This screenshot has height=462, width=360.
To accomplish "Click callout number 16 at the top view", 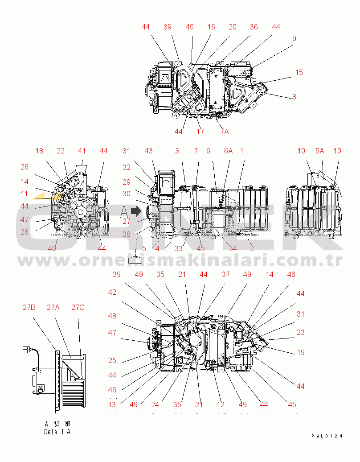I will point(211,27).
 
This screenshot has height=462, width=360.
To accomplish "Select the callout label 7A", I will point(224,132).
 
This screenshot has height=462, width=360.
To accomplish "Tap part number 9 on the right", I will point(294,39).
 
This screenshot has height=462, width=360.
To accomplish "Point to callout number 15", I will point(299,72).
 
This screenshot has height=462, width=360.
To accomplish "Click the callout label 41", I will point(82,151).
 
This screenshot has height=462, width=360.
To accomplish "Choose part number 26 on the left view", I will point(25,167).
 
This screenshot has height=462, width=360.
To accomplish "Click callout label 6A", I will point(228,151).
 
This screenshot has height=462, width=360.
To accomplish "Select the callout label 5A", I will point(319,151).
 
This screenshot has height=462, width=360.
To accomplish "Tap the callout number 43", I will point(148,151).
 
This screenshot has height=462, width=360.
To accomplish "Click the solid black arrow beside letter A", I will point(135,210).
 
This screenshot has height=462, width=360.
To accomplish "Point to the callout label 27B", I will point(29,307).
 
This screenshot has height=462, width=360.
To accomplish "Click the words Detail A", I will point(57,432).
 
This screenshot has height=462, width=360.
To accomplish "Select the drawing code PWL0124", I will point(327,436).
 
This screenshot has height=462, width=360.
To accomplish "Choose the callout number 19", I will point(301,352).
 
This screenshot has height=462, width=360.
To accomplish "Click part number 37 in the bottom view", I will point(226,275).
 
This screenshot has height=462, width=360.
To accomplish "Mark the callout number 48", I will point(112,316).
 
